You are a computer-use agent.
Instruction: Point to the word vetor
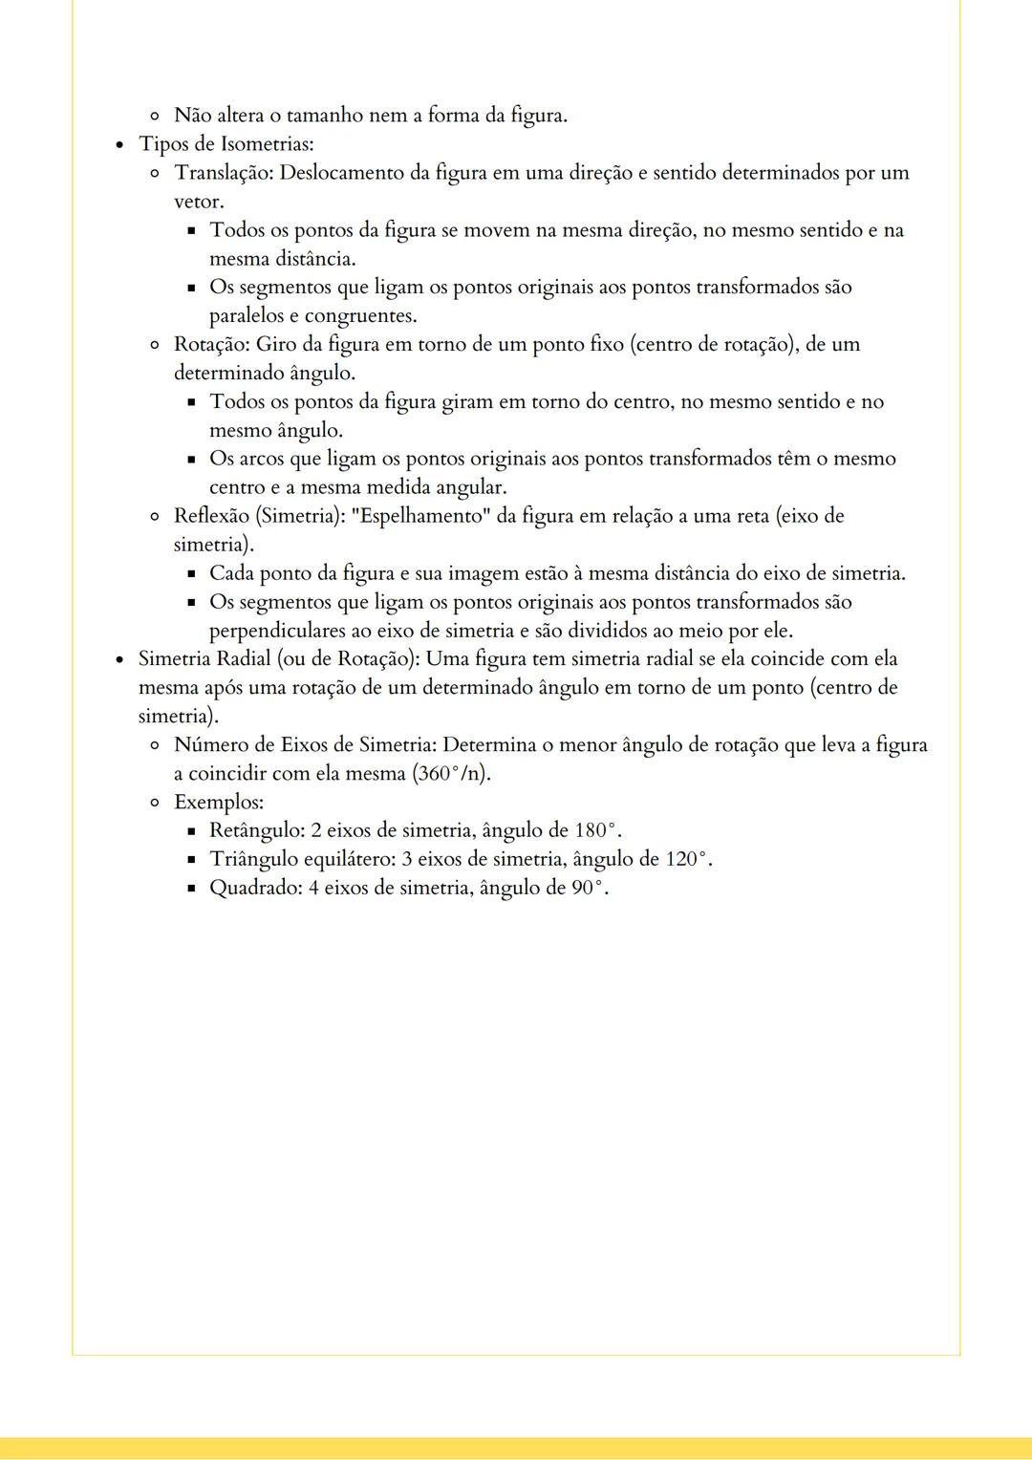pyautogui.click(x=198, y=202)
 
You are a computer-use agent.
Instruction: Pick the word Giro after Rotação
pyautogui.click(x=276, y=344)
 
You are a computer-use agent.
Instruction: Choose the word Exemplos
pyautogui.click(x=218, y=802)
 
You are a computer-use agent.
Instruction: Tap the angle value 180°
pyautogui.click(x=598, y=830)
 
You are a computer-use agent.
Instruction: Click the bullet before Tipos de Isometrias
pyautogui.click(x=119, y=145)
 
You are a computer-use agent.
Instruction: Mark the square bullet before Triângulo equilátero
pyautogui.click(x=191, y=860)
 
